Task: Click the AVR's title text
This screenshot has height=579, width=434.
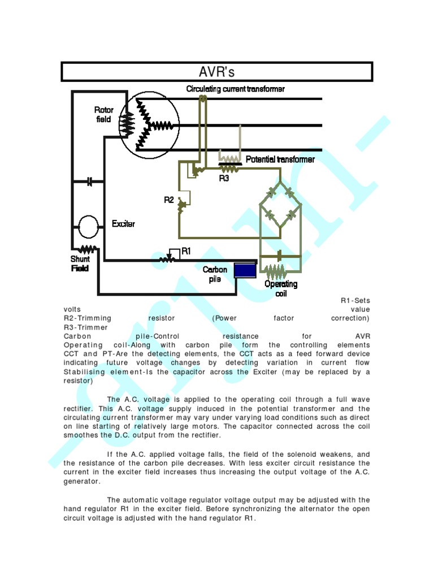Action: pyautogui.click(x=216, y=72)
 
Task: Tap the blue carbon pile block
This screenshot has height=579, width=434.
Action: pyautogui.click(x=245, y=270)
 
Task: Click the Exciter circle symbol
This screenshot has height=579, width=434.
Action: pyautogui.click(x=88, y=227)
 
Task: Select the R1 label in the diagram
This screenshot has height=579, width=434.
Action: pyautogui.click(x=185, y=251)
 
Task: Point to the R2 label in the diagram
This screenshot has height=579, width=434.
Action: pyautogui.click(x=169, y=200)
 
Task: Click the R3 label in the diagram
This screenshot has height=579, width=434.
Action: pyautogui.click(x=224, y=178)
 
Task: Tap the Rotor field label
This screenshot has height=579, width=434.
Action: pyautogui.click(x=103, y=114)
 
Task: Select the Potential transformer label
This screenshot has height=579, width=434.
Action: pyautogui.click(x=280, y=159)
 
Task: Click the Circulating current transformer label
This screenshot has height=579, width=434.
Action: pyautogui.click(x=236, y=89)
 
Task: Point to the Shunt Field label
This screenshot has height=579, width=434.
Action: pyautogui.click(x=80, y=263)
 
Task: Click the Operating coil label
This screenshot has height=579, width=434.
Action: pyautogui.click(x=281, y=288)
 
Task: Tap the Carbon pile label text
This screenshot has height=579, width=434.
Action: pyautogui.click(x=215, y=274)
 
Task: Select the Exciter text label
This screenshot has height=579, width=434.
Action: pyautogui.click(x=123, y=224)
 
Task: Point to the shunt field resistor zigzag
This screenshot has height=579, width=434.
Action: pyautogui.click(x=88, y=249)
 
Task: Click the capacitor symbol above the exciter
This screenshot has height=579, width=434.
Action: pyautogui.click(x=89, y=182)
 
